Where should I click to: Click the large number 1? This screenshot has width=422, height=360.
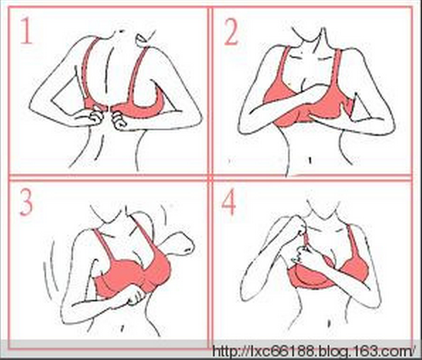pyautogui.click(x=26, y=30)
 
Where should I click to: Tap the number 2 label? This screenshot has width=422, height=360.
pyautogui.click(x=231, y=33)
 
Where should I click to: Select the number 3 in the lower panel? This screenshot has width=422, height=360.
pyautogui.click(x=26, y=202)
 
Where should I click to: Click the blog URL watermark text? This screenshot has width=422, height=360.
pyautogui.click(x=314, y=351)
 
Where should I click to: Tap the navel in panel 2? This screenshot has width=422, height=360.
pyautogui.click(x=309, y=161)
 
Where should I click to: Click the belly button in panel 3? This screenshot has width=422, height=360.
pyautogui.click(x=122, y=327)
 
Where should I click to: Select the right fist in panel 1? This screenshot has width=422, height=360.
pyautogui.click(x=118, y=120)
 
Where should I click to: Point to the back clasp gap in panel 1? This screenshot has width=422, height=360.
pyautogui.click(x=108, y=108)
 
